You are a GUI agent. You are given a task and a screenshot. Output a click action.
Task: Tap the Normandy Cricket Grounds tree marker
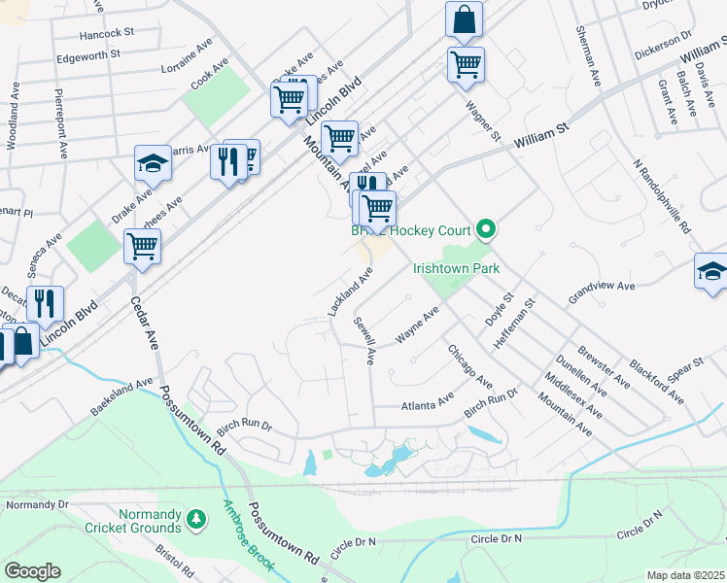197,520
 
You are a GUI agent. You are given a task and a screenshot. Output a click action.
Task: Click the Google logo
32,571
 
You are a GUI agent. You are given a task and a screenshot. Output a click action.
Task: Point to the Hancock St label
106,32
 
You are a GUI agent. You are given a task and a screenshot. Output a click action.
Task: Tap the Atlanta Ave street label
428,399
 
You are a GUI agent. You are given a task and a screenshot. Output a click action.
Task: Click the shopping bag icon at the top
465,18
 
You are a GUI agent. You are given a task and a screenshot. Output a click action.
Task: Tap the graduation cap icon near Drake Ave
153,163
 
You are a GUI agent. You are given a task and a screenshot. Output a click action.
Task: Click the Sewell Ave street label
363,339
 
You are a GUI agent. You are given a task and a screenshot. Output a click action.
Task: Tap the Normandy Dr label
38,505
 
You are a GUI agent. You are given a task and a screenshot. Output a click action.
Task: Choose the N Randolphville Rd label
660,197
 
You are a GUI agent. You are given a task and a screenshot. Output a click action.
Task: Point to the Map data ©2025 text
686,575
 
